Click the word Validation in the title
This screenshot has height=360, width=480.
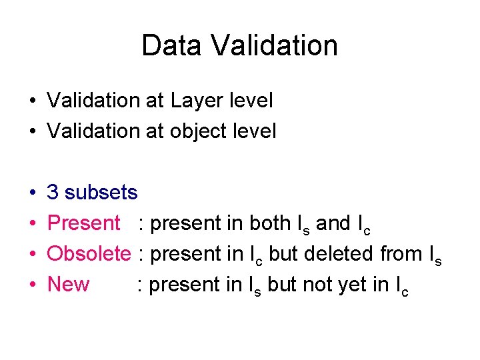(x=275, y=46)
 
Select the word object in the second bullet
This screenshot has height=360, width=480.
(x=199, y=131)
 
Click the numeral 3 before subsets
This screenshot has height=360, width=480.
(x=53, y=193)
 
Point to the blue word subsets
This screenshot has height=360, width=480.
(x=101, y=193)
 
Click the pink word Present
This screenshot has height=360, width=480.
(x=84, y=223)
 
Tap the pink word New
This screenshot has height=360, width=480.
(x=69, y=285)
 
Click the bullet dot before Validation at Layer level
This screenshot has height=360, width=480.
(x=32, y=101)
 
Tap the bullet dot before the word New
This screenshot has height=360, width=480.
(x=32, y=285)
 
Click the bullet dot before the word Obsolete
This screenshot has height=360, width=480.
(x=32, y=255)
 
